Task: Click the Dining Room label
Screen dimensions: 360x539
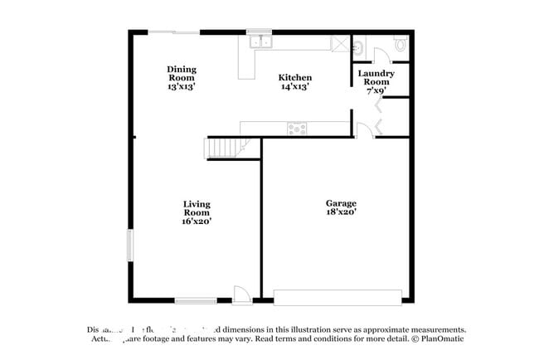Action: tap(182, 70)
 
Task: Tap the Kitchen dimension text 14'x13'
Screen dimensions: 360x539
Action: tap(294, 86)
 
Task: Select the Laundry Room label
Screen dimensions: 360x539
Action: tap(375, 77)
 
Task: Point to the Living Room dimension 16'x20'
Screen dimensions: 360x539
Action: tap(197, 221)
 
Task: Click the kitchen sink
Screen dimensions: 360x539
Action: tap(260, 41)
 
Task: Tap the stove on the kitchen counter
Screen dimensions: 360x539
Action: tap(296, 129)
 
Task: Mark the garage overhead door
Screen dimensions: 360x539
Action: tap(337, 295)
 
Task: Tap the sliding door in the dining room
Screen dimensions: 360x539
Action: tap(174, 32)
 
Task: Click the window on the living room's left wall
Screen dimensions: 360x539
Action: tap(129, 246)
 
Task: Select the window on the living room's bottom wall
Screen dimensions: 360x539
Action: tap(196, 300)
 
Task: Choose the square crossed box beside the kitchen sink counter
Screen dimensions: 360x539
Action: tap(339, 44)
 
